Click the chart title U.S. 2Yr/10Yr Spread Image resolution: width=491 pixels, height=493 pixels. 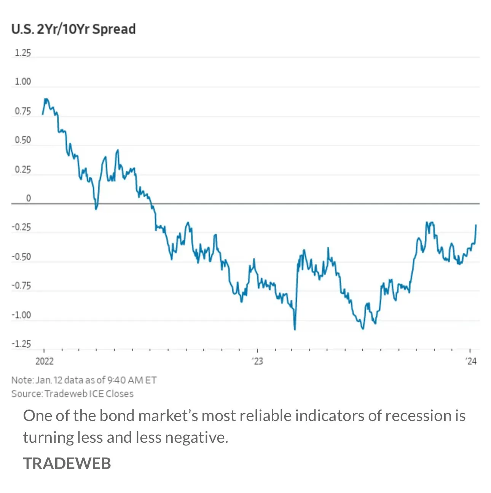73,29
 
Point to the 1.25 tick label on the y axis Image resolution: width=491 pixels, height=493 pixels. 23,53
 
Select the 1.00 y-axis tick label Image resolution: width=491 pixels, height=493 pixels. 23,81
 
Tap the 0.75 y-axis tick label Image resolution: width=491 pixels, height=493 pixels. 23,111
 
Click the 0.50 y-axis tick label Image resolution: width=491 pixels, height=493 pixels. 23,140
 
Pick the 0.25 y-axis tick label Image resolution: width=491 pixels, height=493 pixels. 23,169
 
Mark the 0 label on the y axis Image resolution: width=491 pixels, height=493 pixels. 28,198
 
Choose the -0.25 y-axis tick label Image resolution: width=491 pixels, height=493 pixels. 21,227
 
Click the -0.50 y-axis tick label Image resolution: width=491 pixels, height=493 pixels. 21,257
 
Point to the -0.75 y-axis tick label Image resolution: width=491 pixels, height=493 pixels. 21,286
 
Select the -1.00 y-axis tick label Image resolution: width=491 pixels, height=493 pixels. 21,315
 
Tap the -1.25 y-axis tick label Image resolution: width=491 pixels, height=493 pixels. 21,344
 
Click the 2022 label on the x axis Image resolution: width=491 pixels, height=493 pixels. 45,361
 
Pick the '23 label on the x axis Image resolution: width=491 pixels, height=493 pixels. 258,361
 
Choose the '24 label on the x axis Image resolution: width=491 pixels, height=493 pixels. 471,361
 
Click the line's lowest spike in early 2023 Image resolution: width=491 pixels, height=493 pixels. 295,329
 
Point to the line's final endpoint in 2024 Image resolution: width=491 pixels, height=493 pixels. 476,225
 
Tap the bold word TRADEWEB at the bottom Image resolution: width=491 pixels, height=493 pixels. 67,463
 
